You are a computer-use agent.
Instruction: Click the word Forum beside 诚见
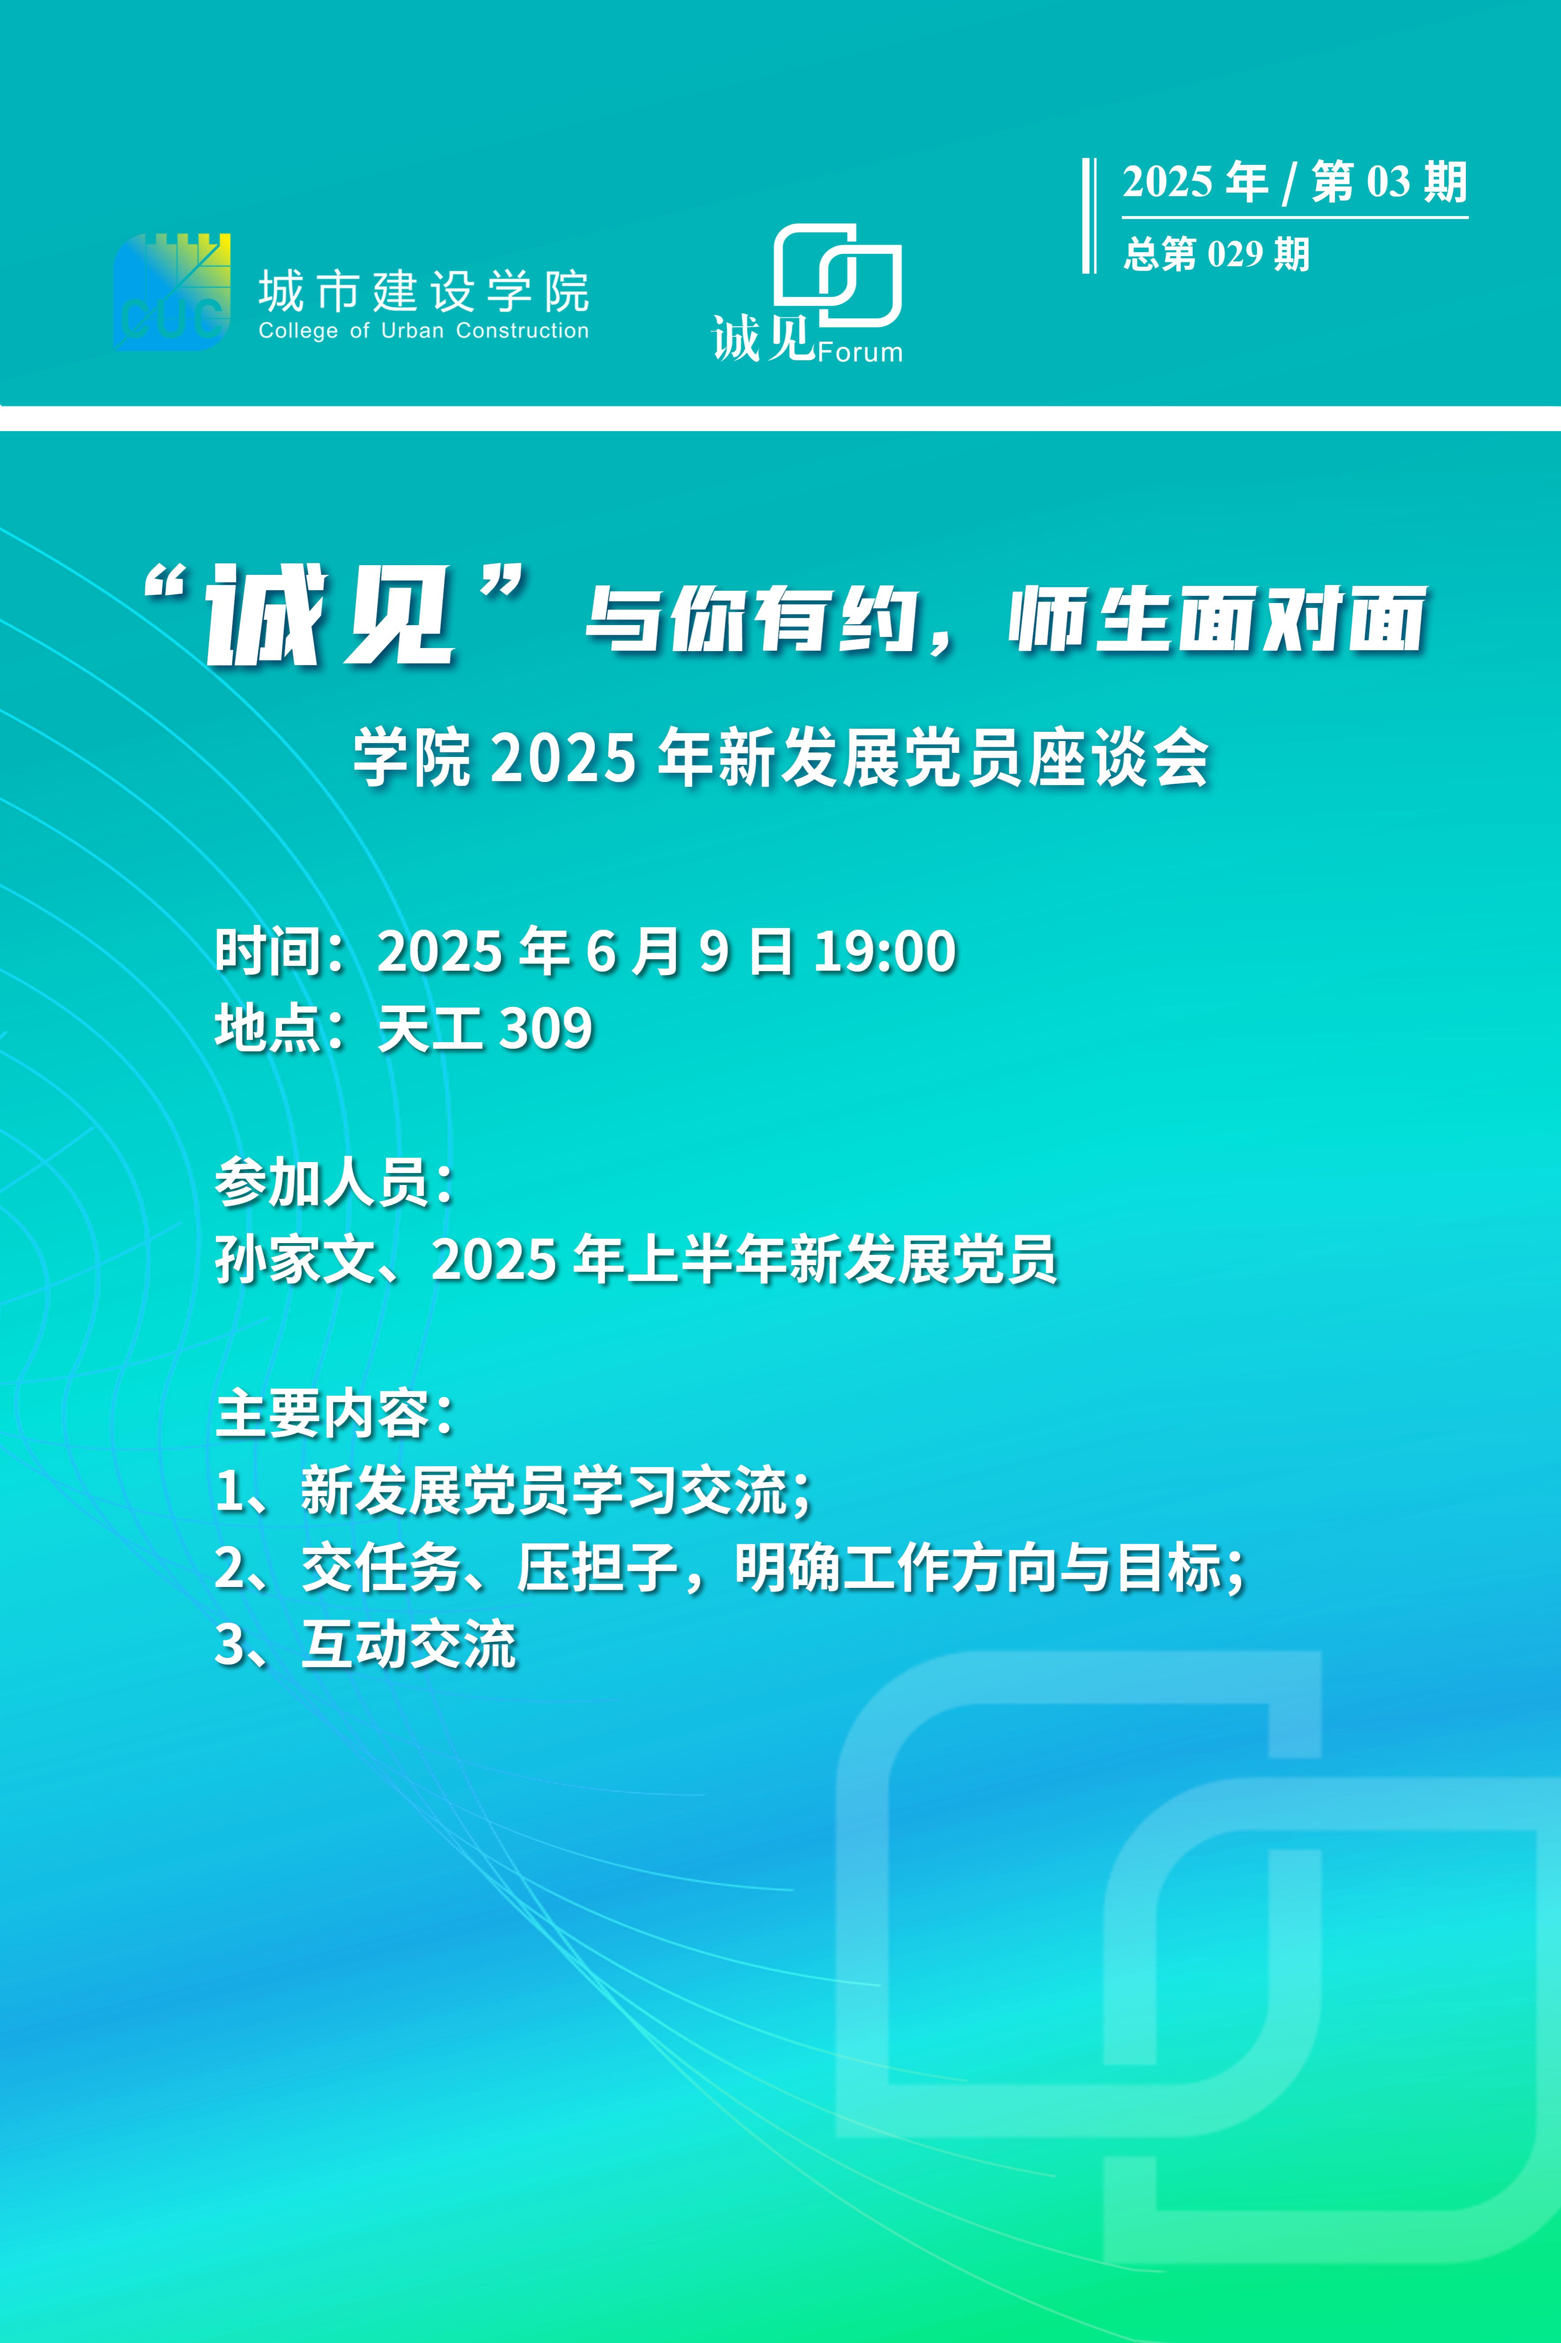pyautogui.click(x=860, y=353)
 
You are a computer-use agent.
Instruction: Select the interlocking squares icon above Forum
pyautogui.click(x=838, y=275)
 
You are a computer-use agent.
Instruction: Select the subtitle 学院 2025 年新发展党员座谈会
pyautogui.click(x=781, y=759)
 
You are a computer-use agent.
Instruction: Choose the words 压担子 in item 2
pyautogui.click(x=597, y=1568)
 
